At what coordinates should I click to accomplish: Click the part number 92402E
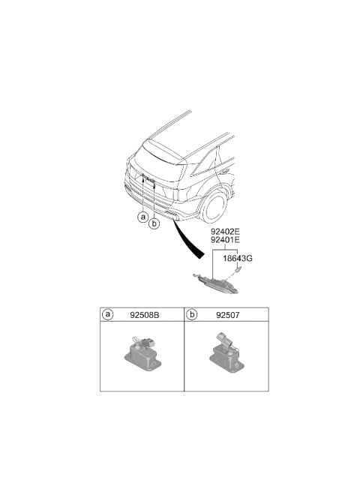click(225, 232)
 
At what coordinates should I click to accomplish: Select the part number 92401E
click(225, 240)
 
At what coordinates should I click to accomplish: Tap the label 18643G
click(238, 259)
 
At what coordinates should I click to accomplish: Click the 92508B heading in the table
click(145, 315)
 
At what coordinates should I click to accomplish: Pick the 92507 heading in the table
click(227, 315)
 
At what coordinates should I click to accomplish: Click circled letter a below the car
click(143, 217)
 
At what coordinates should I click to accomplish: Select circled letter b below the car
click(154, 223)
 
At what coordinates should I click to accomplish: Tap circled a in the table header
click(108, 314)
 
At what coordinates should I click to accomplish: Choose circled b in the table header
click(192, 314)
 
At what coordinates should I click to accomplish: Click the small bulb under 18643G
click(238, 269)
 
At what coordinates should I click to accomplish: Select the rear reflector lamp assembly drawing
click(215, 283)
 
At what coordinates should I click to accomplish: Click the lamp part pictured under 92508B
click(142, 353)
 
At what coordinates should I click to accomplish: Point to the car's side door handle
click(223, 172)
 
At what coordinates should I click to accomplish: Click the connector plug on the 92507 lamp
click(223, 339)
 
